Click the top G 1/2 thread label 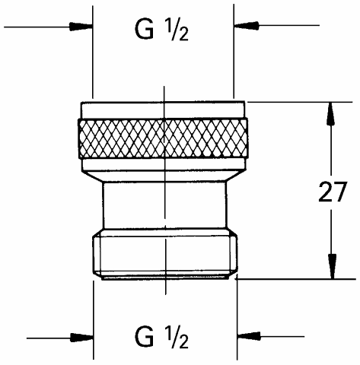(161, 30)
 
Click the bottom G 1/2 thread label (161, 338)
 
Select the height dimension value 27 (332, 192)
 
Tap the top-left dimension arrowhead (81, 26)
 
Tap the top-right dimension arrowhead (246, 25)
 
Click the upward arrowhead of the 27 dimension (330, 113)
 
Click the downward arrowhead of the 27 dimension (332, 267)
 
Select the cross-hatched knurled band (164, 138)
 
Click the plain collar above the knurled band (163, 110)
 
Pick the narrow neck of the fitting (165, 205)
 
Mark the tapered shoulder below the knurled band (164, 176)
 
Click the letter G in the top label (145, 30)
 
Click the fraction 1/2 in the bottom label (177, 338)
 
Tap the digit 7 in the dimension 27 (339, 192)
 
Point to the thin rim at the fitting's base (165, 278)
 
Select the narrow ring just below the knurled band (164, 164)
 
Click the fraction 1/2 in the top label (177, 31)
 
